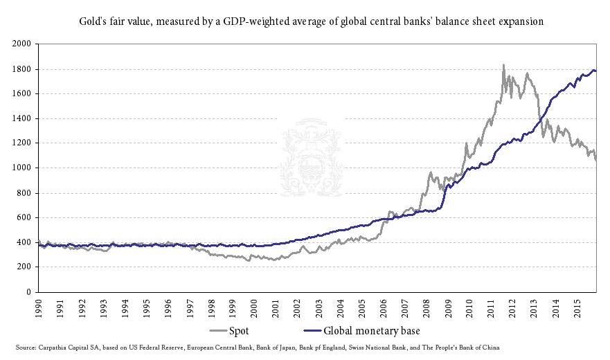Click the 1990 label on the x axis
(38, 306)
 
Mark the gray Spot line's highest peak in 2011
(503, 65)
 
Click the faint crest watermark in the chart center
(311, 156)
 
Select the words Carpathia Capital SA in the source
(68, 347)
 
